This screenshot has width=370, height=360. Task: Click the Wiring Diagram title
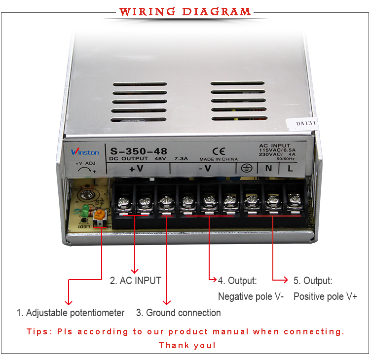tap(185, 11)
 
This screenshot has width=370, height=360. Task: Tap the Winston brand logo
tap(85, 152)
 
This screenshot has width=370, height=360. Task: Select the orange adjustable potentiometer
tap(100, 215)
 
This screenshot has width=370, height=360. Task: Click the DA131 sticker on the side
tap(306, 124)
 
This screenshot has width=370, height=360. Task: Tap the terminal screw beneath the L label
tap(294, 199)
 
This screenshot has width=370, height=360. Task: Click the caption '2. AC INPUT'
tap(135, 281)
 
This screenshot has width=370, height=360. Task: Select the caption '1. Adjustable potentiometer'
tap(70, 313)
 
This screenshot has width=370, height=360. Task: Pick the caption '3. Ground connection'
tap(178, 313)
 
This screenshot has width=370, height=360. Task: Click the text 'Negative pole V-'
tap(251, 296)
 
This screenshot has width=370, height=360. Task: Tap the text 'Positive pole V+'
tap(325, 296)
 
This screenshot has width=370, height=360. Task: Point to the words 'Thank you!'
tap(187, 345)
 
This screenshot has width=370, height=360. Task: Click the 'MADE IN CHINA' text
tap(218, 159)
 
